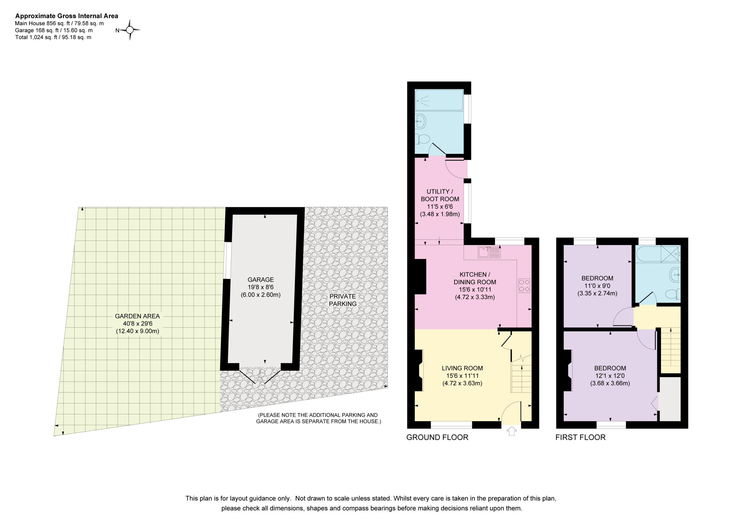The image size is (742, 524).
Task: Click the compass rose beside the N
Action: pos(130,30)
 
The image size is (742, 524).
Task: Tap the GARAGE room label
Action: pos(261,280)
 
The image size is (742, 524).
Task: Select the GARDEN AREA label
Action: pos(137,316)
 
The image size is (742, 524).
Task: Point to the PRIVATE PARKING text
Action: pos(343,300)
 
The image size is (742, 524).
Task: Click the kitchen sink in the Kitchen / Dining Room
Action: pos(489,252)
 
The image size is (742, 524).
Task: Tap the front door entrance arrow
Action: pos(511,431)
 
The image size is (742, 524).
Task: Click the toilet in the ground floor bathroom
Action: pos(422,139)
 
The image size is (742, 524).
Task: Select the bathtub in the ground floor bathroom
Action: pos(439,100)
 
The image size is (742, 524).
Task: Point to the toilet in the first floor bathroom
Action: pos(674,294)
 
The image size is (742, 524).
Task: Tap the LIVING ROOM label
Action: pos(462,368)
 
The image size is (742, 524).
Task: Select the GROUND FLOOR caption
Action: pos(437,437)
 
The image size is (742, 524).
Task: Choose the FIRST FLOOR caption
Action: pos(581,437)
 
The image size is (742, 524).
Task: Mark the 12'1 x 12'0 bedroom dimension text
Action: pos(610,376)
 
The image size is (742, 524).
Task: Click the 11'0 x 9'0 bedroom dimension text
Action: pos(597,286)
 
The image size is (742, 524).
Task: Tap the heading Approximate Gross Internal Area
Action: pos(67,16)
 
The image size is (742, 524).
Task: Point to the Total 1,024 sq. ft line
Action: pos(53,37)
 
